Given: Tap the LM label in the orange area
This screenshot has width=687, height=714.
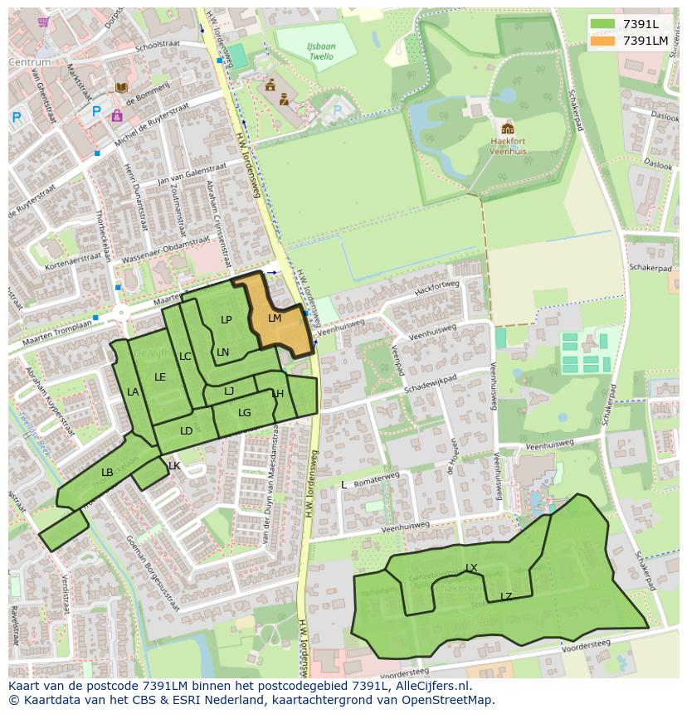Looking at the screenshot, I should tap(275, 318).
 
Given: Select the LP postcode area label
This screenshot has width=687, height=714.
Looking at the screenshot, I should tap(227, 320).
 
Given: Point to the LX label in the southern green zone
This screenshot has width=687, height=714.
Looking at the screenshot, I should tap(471, 568).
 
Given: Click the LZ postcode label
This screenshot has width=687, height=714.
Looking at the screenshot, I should tap(506, 597).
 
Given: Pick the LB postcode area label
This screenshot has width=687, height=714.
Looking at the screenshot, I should tap(107, 473).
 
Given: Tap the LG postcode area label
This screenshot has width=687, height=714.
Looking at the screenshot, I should tap(245, 413).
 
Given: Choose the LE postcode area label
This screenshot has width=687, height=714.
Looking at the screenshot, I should tap(160, 377).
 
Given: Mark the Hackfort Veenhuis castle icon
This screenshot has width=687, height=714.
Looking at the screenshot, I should tap(507, 128).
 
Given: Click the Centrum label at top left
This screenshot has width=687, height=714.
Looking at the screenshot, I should tap(30, 62).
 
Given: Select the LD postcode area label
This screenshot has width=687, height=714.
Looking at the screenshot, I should tap(186, 431).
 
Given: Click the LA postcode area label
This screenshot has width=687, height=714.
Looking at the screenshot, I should tap(133, 392).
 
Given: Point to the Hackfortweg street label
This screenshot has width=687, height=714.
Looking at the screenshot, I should tap(436, 287).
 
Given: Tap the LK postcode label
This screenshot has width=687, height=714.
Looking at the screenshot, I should tap(174, 466).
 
